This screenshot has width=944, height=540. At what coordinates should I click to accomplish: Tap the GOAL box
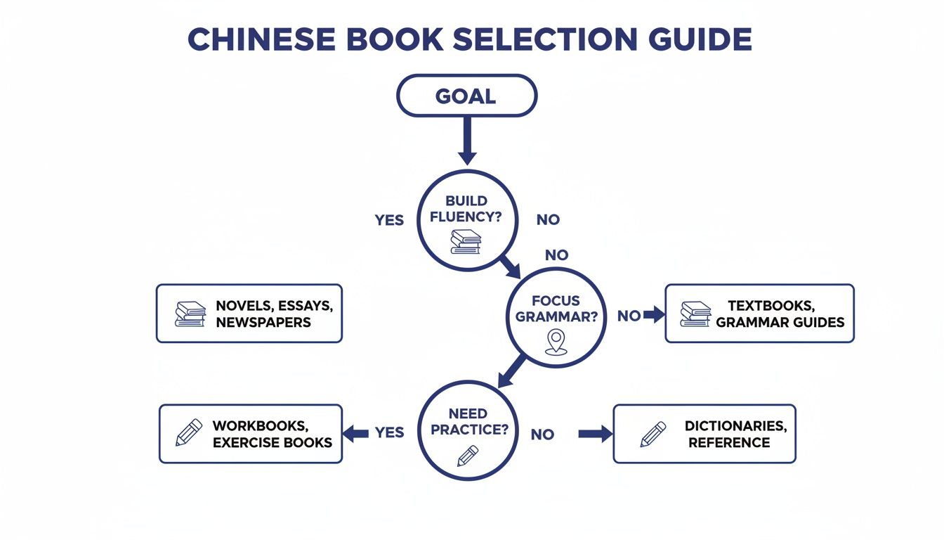(x=466, y=96)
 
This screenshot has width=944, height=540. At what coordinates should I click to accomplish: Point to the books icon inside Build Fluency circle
(x=465, y=241)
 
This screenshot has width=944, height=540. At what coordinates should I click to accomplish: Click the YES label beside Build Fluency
(x=389, y=220)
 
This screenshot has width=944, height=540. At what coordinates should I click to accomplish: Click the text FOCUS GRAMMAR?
(x=556, y=309)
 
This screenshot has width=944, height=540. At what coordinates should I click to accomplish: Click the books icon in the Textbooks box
(x=695, y=314)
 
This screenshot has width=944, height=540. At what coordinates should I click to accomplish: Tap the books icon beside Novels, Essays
(x=190, y=314)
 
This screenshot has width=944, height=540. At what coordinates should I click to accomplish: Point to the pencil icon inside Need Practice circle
(x=467, y=456)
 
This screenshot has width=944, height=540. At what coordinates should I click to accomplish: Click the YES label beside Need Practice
(x=389, y=432)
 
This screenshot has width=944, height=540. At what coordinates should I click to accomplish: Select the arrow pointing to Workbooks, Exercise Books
(x=356, y=433)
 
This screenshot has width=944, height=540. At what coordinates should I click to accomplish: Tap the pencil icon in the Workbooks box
(x=188, y=433)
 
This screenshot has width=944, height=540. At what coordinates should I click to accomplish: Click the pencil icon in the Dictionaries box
(x=653, y=434)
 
